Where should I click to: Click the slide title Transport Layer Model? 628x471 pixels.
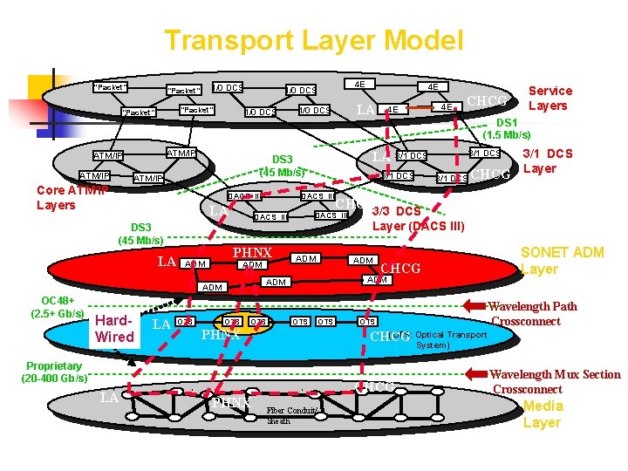pyautogui.click(x=313, y=40)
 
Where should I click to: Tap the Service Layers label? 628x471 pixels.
pyautogui.click(x=549, y=98)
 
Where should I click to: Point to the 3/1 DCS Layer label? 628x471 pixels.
pyautogui.click(x=547, y=161)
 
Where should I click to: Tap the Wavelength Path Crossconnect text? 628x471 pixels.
pyautogui.click(x=533, y=313)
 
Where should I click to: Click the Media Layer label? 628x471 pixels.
pyautogui.click(x=542, y=413)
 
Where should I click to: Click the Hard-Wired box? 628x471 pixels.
pyautogui.click(x=114, y=329)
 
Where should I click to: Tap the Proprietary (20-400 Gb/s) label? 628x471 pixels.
pyautogui.click(x=56, y=372)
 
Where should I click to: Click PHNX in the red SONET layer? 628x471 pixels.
pyautogui.click(x=252, y=253)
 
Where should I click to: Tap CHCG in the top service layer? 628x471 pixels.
pyautogui.click(x=488, y=100)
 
